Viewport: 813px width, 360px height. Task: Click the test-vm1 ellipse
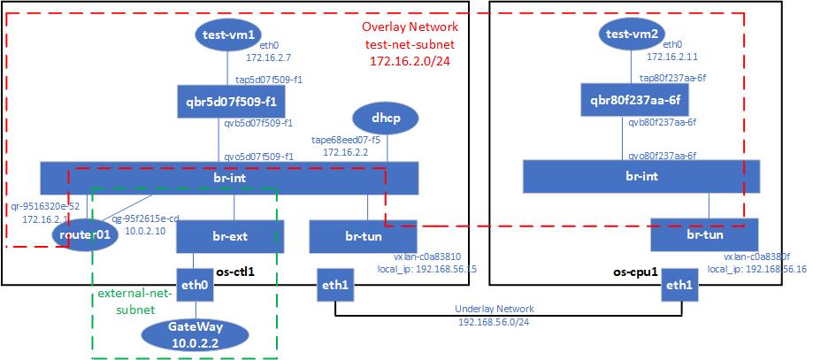click(229, 35)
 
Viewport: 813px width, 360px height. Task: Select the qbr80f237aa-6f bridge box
click(632, 99)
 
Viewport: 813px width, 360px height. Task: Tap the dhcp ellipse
click(385, 118)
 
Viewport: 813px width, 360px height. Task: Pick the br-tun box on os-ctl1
click(363, 237)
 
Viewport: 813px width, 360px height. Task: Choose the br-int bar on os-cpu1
click(632, 176)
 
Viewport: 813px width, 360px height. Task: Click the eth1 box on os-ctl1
click(336, 285)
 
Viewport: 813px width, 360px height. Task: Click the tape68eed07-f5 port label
click(345, 139)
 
